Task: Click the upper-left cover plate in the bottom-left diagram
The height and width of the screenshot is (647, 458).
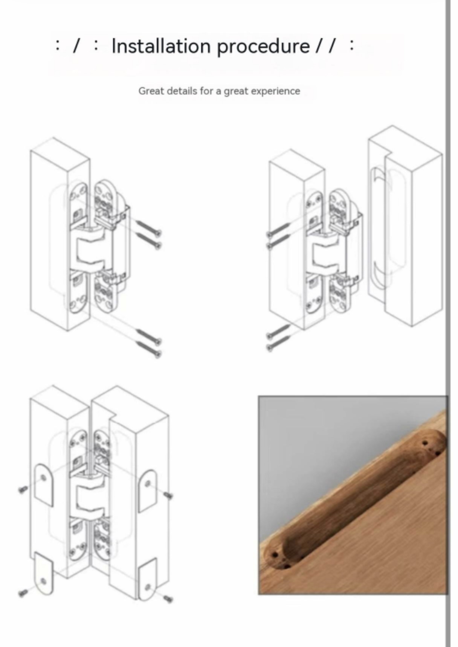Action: click(x=44, y=485)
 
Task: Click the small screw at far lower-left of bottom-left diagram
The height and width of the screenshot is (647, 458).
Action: click(x=23, y=593)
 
